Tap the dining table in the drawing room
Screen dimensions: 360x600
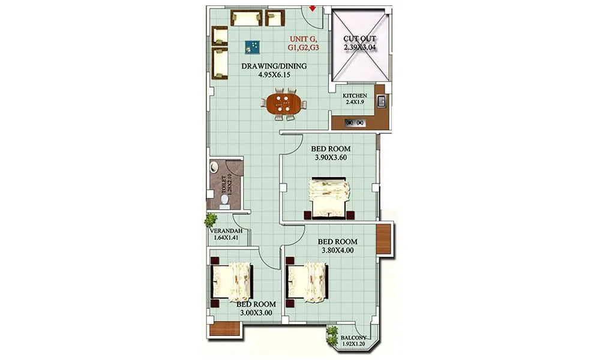tap(283, 103)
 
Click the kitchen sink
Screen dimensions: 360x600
tap(380, 101)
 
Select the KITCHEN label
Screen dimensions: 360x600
tap(355, 96)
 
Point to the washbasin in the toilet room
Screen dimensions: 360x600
tap(214, 170)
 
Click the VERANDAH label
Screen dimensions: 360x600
tap(226, 231)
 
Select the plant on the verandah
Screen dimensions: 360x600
tap(211, 220)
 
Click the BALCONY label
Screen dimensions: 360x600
tap(354, 338)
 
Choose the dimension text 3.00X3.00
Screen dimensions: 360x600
tap(256, 313)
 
